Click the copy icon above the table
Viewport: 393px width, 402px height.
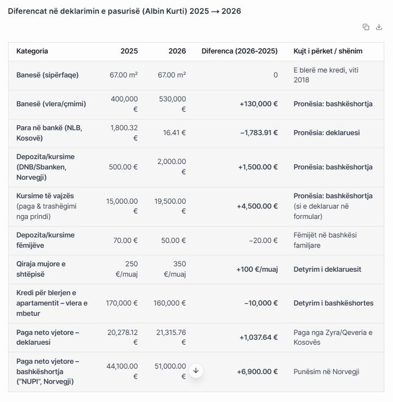(365, 27)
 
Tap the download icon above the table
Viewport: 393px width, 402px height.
(379, 27)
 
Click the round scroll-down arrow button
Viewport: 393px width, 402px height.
(195, 371)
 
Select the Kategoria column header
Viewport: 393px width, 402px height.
(32, 51)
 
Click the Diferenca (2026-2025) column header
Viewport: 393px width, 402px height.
(239, 51)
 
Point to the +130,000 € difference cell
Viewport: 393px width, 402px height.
(258, 104)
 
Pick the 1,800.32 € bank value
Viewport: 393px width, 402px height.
(125, 133)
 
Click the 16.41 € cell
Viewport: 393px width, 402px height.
(175, 133)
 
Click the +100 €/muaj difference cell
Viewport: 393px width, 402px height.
(257, 269)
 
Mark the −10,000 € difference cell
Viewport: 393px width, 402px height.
(261, 303)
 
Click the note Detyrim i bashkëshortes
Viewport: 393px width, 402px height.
(333, 303)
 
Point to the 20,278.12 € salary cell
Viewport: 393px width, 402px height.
(123, 337)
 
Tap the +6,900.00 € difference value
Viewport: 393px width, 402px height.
(257, 372)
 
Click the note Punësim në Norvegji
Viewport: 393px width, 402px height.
(326, 372)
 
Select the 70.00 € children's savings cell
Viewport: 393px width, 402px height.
(125, 240)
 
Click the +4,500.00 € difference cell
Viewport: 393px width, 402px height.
(257, 206)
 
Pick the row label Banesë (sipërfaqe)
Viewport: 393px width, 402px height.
(47, 75)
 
